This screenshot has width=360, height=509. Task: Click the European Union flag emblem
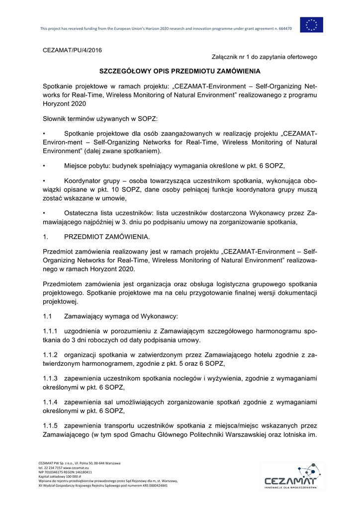pos(311,25)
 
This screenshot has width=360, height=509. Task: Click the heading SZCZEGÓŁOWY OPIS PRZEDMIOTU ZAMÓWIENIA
pos(180,72)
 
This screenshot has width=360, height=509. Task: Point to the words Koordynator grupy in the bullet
pos(91,181)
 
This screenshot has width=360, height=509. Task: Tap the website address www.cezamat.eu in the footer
pos(76,468)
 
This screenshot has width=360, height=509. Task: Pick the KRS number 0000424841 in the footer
pos(156,486)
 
